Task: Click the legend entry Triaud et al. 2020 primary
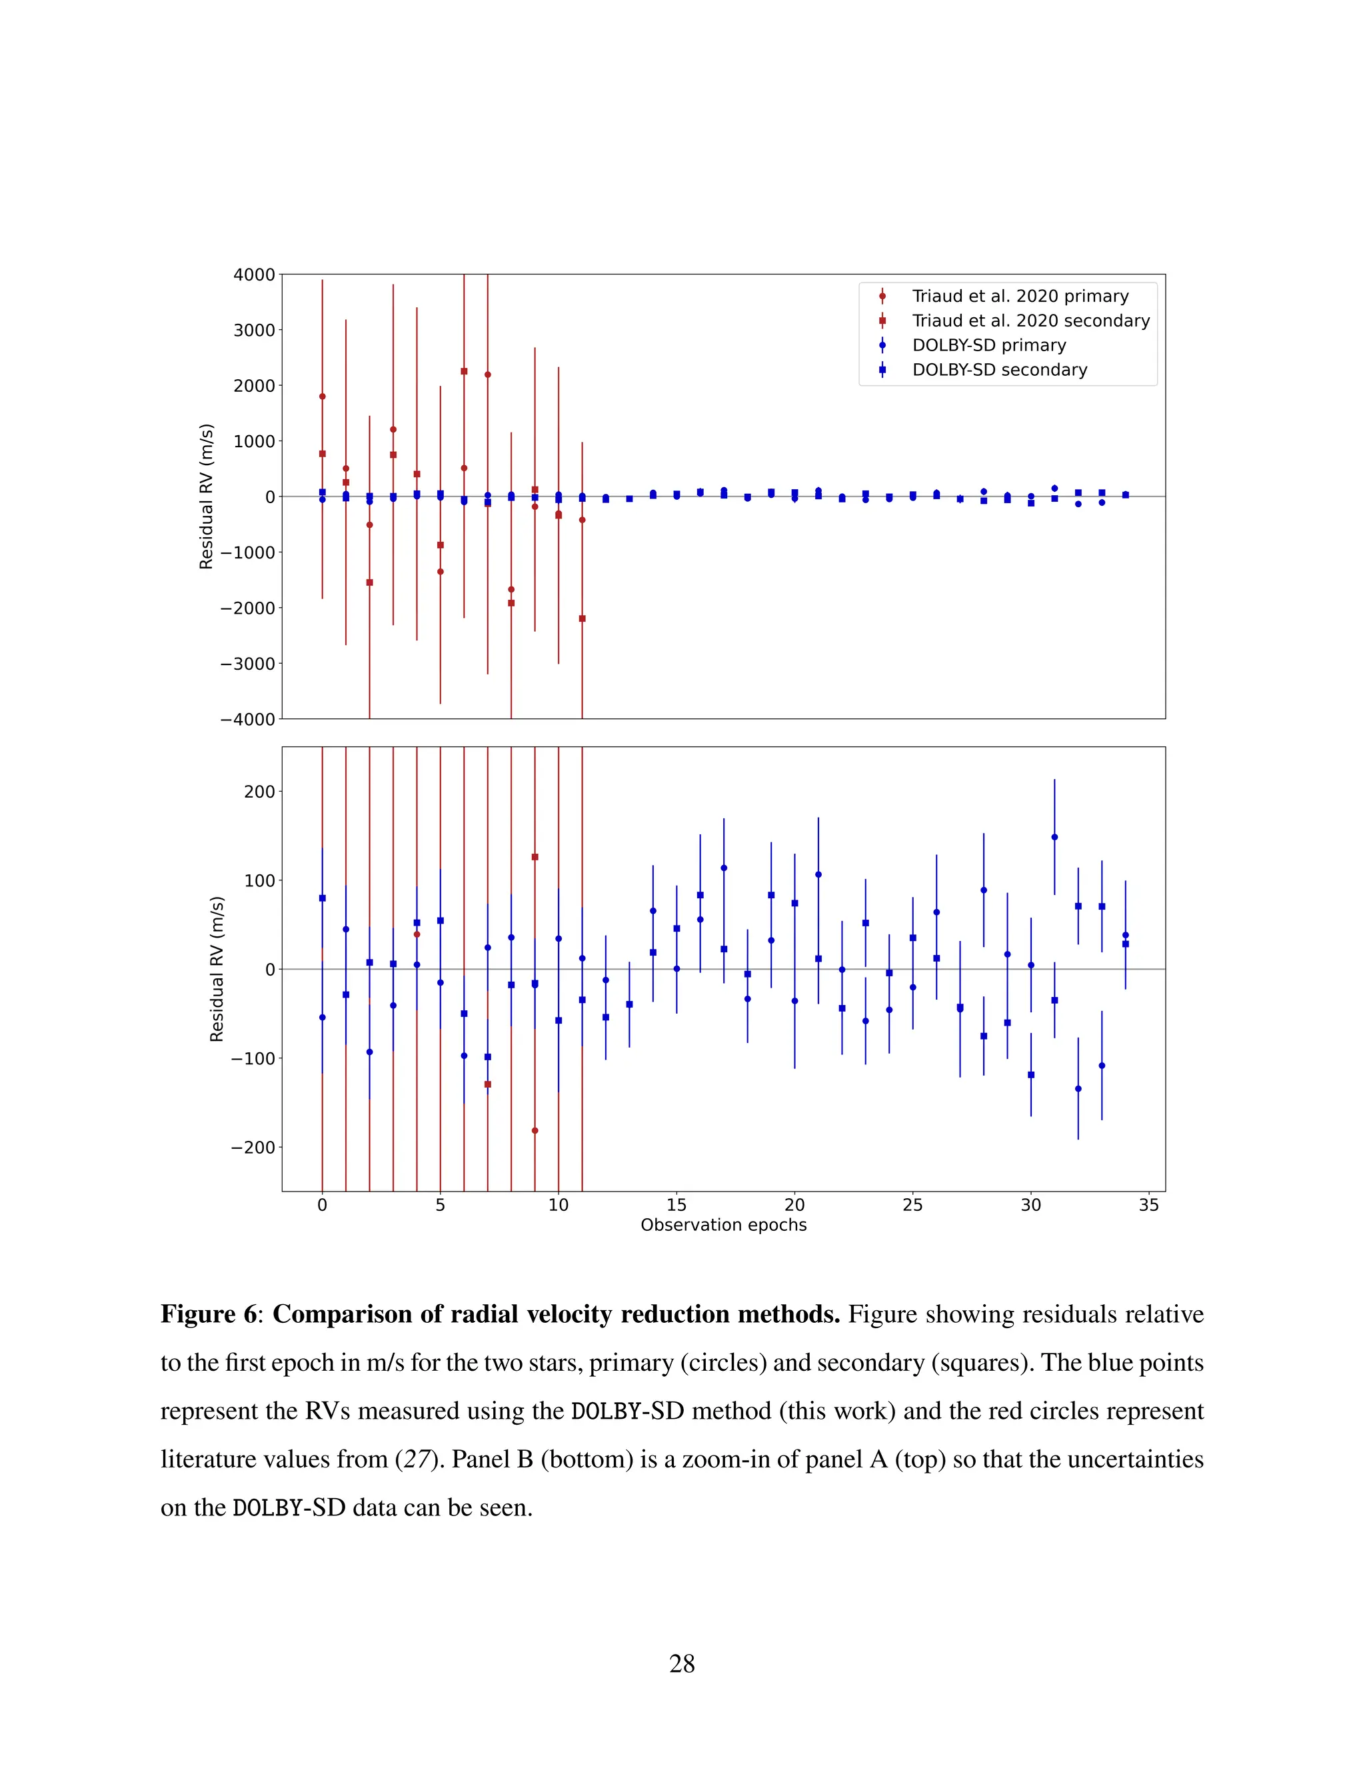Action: tap(1020, 296)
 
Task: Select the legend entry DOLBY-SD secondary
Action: tap(1000, 370)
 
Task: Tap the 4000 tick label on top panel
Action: tap(254, 275)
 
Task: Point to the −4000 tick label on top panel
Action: tap(247, 719)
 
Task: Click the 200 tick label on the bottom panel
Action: tap(259, 792)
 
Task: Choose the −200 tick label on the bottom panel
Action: tap(253, 1148)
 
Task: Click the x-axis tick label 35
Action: tap(1148, 1205)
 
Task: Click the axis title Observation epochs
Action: tap(723, 1225)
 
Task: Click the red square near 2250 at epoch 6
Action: tap(464, 371)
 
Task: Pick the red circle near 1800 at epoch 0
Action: tap(323, 397)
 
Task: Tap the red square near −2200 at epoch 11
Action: tap(583, 618)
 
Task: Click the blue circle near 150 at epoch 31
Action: tap(1054, 837)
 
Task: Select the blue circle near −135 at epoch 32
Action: tap(1078, 1088)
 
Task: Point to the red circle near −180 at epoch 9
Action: tap(535, 1130)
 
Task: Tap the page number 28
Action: tap(682, 1663)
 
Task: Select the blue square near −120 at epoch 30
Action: tap(1031, 1075)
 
